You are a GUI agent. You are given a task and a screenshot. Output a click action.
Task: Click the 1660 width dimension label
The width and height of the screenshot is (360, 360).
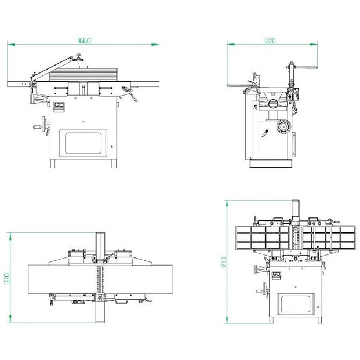tap(85, 41)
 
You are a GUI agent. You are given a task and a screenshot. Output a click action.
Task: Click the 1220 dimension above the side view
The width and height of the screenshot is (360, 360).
tap(270, 41)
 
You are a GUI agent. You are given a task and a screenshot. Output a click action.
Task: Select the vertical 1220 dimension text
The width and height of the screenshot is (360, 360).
tap(7, 278)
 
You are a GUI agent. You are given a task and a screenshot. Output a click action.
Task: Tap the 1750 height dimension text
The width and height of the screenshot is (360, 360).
tap(223, 262)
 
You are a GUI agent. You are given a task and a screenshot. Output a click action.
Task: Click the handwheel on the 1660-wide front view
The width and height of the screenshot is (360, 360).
tap(43, 123)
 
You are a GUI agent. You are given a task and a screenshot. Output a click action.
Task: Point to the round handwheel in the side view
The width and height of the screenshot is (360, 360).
tap(283, 126)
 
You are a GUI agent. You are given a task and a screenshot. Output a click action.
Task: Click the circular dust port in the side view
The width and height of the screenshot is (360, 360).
tap(273, 104)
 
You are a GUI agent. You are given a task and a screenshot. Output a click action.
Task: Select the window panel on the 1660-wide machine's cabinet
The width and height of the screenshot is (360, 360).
tap(83, 143)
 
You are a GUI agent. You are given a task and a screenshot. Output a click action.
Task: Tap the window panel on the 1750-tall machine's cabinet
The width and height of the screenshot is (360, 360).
tap(296, 304)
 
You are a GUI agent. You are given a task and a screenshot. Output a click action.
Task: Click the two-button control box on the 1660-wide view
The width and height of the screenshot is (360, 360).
tap(59, 107)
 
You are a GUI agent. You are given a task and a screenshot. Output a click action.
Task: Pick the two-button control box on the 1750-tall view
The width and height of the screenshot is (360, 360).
tap(277, 275)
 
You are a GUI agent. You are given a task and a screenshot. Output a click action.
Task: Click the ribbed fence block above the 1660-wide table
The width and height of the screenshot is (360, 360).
tap(83, 75)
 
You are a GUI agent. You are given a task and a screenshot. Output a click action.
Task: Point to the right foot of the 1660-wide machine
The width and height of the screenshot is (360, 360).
tap(114, 163)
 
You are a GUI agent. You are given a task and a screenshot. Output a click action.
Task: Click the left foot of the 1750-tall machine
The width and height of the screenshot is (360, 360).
tap(271, 320)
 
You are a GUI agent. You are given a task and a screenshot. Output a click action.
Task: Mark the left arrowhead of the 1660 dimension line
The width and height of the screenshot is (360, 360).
tap(11, 45)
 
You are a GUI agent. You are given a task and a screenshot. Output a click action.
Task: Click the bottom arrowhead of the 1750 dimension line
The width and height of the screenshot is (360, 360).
tap(227, 320)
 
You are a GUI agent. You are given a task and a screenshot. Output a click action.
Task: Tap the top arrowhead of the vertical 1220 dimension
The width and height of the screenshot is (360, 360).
tap(10, 237)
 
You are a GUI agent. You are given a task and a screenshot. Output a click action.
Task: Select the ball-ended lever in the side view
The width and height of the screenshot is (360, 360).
tap(265, 133)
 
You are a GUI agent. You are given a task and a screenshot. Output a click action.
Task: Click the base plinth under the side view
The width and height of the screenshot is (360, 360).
tap(271, 163)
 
